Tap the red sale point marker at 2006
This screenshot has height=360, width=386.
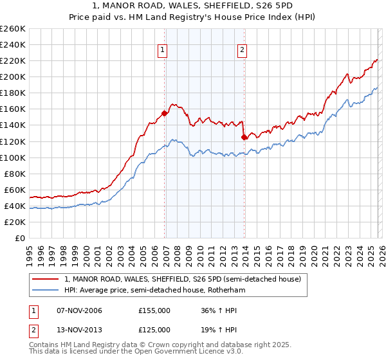pyautogui.click(x=164, y=113)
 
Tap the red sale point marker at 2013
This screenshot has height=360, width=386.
pyautogui.click(x=244, y=137)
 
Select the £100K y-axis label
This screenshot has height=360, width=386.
pyautogui.click(x=13, y=157)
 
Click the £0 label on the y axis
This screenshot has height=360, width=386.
pyautogui.click(x=19, y=238)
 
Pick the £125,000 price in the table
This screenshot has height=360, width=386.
pyautogui.click(x=154, y=330)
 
